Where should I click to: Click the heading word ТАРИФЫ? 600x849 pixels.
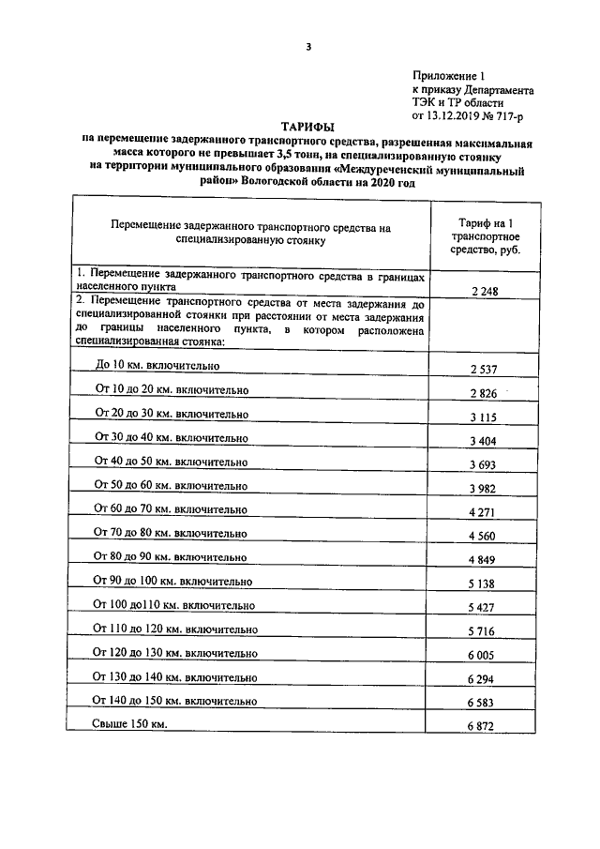point(307,128)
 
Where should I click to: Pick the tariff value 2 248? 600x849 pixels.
point(485,291)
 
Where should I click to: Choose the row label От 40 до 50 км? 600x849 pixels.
point(171,462)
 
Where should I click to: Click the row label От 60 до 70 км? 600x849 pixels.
point(171,509)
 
